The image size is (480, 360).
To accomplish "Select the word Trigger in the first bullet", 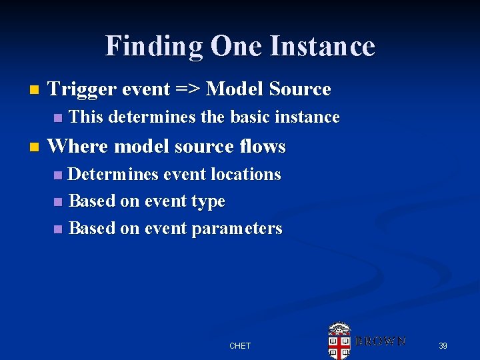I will (79, 89).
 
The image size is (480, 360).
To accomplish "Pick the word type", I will (208, 202).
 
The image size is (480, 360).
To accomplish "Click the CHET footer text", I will (239, 346).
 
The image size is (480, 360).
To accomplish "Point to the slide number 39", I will (443, 346).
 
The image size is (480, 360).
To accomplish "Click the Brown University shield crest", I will (339, 341).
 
